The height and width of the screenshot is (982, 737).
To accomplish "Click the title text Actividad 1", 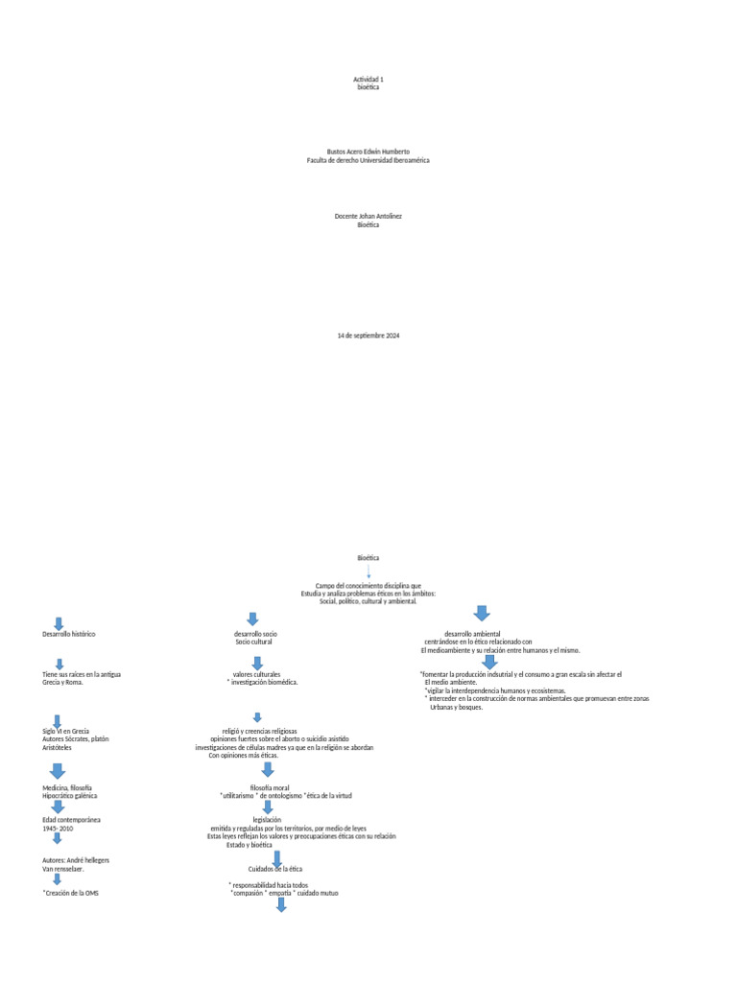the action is point(368,80).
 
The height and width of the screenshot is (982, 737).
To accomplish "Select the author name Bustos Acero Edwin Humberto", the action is point(368,152).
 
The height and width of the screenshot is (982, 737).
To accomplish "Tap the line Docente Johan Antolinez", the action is point(368,216).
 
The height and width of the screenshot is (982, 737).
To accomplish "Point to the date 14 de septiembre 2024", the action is point(368,336).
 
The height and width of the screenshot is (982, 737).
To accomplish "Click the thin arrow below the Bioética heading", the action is point(368,572).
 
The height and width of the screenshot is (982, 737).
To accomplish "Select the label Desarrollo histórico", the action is point(69,634).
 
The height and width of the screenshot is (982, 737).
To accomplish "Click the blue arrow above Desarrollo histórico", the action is point(59,623).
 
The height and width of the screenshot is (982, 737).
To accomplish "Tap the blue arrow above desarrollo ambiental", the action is point(482,613).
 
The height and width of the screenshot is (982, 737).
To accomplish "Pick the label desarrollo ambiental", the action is point(472,634).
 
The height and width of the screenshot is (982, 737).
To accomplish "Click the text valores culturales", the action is point(256,674).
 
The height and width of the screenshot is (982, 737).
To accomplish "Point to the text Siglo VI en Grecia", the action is point(66,731).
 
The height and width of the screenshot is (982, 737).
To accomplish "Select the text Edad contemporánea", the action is point(71,820).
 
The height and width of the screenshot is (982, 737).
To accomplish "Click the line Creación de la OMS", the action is point(71,893).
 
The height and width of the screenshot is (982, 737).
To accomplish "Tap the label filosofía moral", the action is point(270,788).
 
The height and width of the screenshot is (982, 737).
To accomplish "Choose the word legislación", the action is point(267,820).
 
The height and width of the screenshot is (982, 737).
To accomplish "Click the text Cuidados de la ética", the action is point(275,869).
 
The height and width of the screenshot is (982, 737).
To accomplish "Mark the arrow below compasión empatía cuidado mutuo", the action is point(281,904).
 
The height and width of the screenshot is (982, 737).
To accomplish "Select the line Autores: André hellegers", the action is point(76,860).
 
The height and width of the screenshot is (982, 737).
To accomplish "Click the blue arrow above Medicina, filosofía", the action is point(57,771).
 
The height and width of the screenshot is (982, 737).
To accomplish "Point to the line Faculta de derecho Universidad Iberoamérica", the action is point(368,160).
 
